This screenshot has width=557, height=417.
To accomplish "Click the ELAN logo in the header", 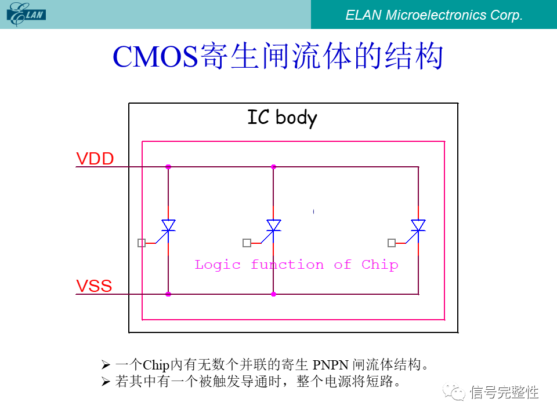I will tap(26, 14).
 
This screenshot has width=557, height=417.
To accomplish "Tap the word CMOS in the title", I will tap(154, 57).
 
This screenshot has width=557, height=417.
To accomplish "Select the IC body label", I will tap(282, 118).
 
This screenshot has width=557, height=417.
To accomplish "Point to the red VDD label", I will tap(95, 159).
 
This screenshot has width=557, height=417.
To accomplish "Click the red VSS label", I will tap(94, 286).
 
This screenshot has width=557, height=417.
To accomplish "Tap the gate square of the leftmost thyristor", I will tap(142, 243).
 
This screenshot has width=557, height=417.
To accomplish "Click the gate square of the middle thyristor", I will tap(247, 243).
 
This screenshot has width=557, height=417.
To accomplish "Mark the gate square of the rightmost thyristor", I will tap(392, 243).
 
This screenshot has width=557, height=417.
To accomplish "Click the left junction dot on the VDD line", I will tap(168, 167).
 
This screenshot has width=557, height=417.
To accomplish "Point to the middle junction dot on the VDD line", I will tap(273, 167).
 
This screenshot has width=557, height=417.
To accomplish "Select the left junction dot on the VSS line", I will tap(168, 294).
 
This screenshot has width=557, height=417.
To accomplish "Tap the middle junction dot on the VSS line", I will tap(273, 294).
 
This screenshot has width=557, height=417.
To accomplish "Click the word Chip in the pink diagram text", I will tap(379, 265).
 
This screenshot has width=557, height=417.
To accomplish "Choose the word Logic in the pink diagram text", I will tap(217, 265).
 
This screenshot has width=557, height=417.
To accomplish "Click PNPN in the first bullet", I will tap(331, 365).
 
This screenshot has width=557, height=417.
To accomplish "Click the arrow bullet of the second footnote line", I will tap(105, 382).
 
